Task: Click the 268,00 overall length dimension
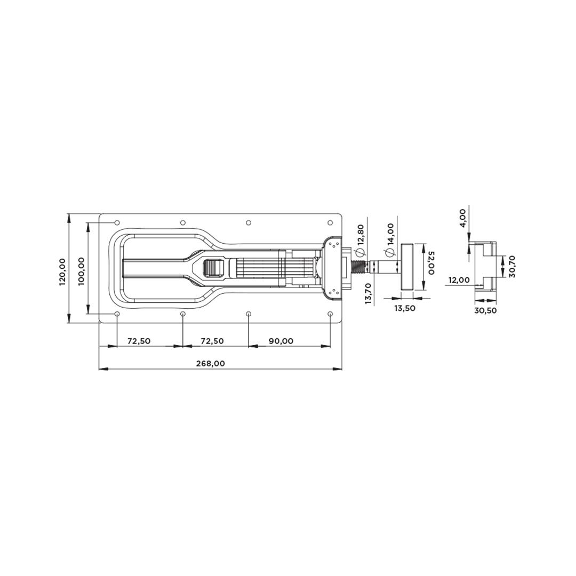coord(210,364)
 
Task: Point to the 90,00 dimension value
coord(281,341)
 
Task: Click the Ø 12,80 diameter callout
coord(360,241)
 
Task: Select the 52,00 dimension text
coord(431,262)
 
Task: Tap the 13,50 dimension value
coord(405,308)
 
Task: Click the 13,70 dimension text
coord(369,294)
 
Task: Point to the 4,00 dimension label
coord(462,218)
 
